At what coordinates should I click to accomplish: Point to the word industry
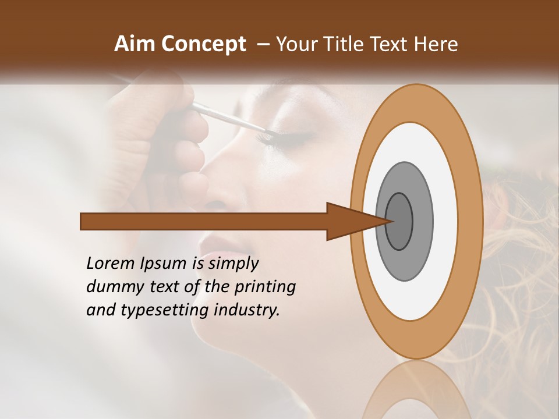click(x=247, y=310)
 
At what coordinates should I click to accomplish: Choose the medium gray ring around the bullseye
click(x=422, y=221)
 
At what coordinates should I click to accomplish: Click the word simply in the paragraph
click(x=233, y=264)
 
